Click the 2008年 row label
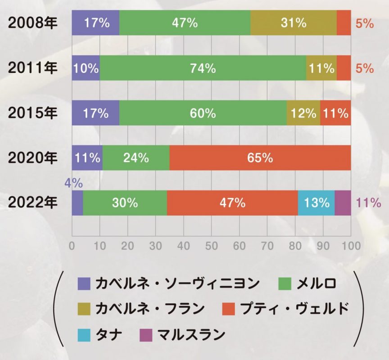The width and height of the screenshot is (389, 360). coord(33,23)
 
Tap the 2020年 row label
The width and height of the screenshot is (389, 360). coord(33,158)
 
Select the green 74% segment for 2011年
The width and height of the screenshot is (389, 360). coord(203,68)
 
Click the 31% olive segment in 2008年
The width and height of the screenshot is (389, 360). coord(294,23)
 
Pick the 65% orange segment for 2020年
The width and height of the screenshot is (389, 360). coord(260,158)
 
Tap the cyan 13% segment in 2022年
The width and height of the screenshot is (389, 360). coord(316,203)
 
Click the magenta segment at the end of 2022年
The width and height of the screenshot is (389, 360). coord(343,203)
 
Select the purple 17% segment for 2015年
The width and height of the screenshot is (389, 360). coord(95,113)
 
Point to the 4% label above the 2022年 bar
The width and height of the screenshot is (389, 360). coord(74,183)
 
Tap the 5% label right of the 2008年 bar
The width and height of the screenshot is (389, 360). coord(365,23)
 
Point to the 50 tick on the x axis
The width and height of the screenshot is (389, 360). coord(212,246)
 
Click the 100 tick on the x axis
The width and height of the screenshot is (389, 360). coord(351,246)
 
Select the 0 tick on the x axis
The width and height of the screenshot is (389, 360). coord(72,246)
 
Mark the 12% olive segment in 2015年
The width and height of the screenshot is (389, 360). coord(303,113)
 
